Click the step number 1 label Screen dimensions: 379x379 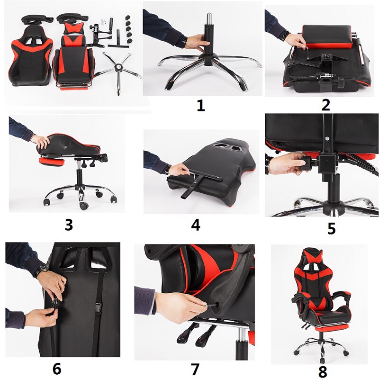point(201,105)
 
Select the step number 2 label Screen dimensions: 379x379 point(325,104)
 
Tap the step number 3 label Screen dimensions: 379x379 point(69,224)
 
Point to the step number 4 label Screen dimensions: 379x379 point(195,225)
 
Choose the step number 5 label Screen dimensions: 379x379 point(331,228)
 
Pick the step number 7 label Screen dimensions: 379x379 point(195,368)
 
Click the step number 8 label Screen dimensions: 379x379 point(323,371)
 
